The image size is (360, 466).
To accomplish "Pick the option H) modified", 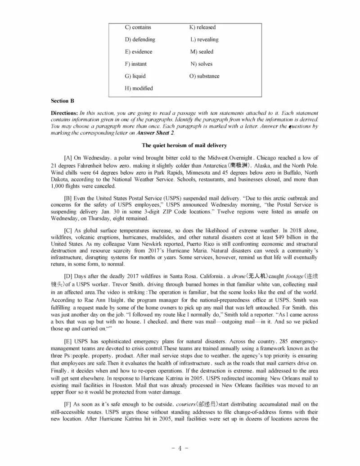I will point(139,88).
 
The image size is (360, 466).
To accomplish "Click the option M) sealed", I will point(202,52).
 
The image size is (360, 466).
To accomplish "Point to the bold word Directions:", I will point(64,113).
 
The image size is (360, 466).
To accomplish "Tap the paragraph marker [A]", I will point(68,158).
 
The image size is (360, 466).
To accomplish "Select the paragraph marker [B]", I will point(68,198).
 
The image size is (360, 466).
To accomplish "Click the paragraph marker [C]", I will point(68,231).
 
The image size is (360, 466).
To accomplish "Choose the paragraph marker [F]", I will point(68,405).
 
